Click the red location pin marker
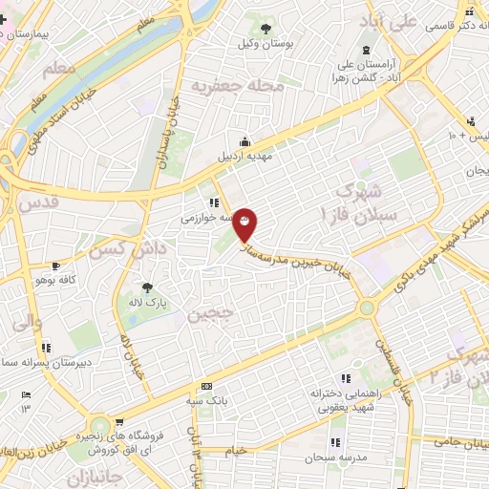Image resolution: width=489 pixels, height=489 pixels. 245,223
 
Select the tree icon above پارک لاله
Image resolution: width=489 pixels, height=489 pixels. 147,287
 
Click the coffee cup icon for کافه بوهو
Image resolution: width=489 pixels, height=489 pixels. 56,266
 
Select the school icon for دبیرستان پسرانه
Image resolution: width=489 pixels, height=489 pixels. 45,348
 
